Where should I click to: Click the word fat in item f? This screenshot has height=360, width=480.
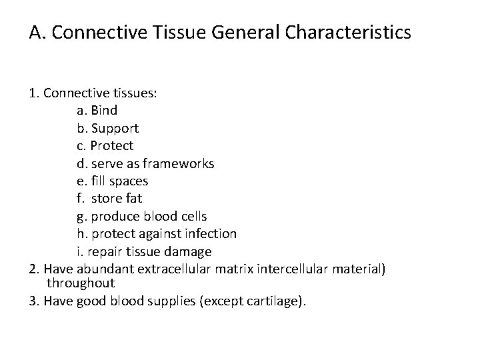click(x=133, y=199)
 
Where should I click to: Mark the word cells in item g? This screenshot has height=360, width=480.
click(x=193, y=216)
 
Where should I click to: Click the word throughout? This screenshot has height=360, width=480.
click(x=80, y=283)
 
